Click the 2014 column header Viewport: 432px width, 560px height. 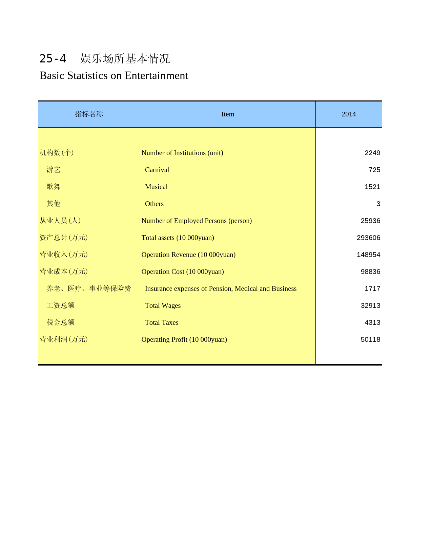click(349, 114)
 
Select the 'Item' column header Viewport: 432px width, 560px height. click(228, 114)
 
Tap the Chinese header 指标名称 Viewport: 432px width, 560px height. click(89, 114)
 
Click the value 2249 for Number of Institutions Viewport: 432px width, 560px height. click(372, 153)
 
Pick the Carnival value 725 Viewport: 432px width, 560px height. click(374, 170)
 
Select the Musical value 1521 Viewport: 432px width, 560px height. click(372, 187)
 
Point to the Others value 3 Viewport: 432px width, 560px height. click(378, 204)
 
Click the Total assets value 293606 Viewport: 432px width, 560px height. click(368, 238)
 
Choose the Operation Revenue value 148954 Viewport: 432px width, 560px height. click(368, 255)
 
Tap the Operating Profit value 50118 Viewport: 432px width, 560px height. click(370, 339)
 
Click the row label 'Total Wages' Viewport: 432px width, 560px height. click(163, 305)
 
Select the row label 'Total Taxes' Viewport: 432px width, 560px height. click(162, 322)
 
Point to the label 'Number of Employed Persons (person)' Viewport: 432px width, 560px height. click(197, 221)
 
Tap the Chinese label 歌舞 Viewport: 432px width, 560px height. click(54, 187)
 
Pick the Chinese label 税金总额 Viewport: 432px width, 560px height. click(61, 322)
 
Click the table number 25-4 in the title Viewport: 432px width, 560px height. click(53, 59)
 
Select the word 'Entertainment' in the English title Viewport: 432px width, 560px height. click(156, 75)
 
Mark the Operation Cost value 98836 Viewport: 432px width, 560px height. click(370, 272)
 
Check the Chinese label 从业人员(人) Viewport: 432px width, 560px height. click(60, 221)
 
